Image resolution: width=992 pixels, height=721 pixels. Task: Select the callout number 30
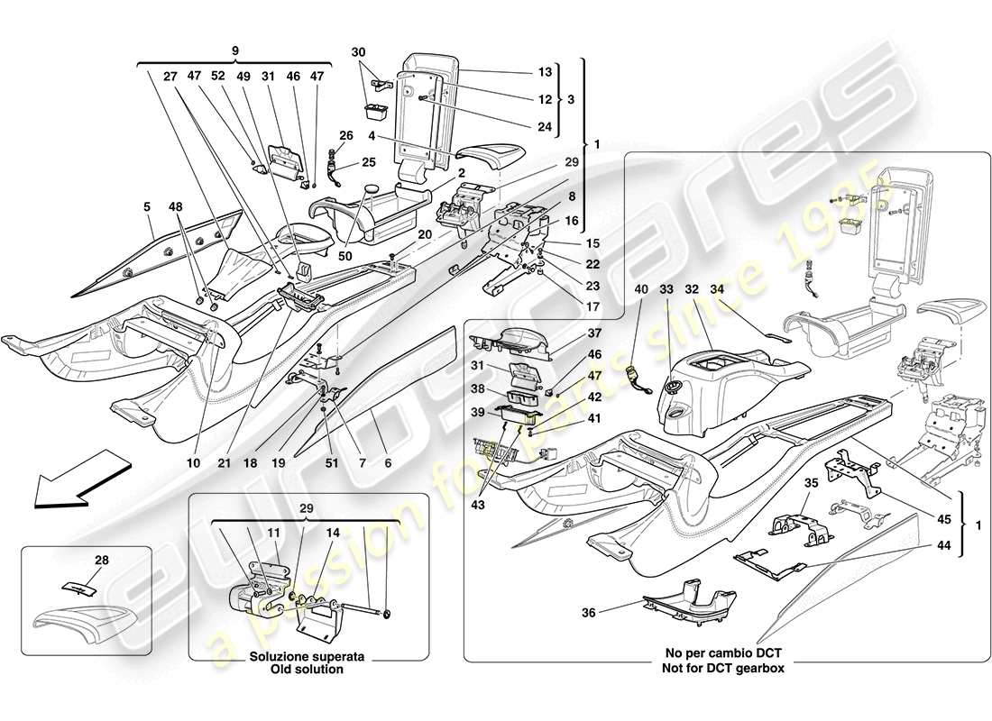point(359,51)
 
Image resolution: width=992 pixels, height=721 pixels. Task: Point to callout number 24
point(543,126)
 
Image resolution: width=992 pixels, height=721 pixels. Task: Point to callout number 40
point(642,289)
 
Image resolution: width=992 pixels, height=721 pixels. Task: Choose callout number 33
point(666,289)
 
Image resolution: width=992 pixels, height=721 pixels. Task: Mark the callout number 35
point(812,483)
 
